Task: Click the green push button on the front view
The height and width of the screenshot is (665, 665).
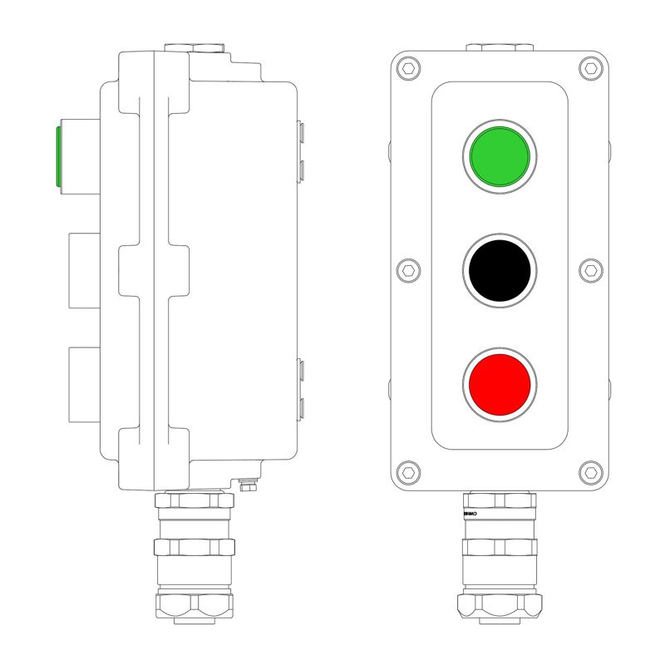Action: point(499,156)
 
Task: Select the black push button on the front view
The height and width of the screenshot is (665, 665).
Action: point(499,270)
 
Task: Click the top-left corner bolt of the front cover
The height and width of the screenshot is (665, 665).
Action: point(407,67)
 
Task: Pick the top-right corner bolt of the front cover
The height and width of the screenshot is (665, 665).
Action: point(591,67)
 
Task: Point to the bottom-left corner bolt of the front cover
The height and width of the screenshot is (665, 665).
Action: point(407,472)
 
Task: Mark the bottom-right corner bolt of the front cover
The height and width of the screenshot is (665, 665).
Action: point(591,472)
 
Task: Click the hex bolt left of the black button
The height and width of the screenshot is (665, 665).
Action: point(407,270)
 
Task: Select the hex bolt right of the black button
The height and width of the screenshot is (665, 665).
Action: point(591,270)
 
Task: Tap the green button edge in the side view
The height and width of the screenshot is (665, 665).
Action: point(57,156)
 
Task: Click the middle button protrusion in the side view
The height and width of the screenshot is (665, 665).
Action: point(83,270)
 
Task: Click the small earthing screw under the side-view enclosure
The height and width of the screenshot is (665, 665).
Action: point(247,484)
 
